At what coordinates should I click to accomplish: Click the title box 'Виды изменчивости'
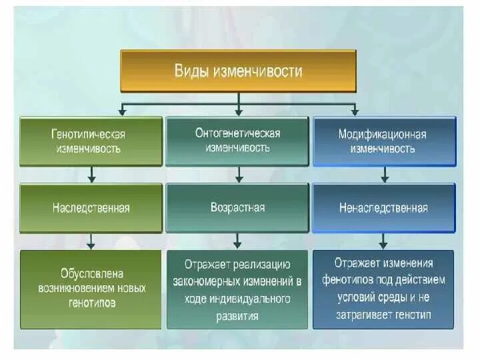pyautogui.click(x=238, y=71)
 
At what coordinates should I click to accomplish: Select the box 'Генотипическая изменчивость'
pyautogui.click(x=91, y=141)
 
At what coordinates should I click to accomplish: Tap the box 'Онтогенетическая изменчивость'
pyautogui.click(x=237, y=141)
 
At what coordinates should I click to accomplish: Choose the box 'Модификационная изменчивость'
pyautogui.click(x=384, y=141)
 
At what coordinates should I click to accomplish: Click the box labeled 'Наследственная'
pyautogui.click(x=91, y=208)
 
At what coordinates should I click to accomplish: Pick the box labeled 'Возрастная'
pyautogui.click(x=237, y=207)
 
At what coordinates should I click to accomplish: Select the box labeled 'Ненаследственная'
pyautogui.click(x=384, y=208)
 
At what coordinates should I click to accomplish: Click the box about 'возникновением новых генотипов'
pyautogui.click(x=91, y=289)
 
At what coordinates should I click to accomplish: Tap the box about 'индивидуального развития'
pyautogui.click(x=237, y=289)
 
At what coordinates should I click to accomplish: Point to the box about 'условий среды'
pyautogui.click(x=384, y=288)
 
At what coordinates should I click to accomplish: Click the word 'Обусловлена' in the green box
pyautogui.click(x=91, y=274)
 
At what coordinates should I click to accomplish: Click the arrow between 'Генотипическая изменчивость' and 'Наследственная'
pyautogui.click(x=92, y=175)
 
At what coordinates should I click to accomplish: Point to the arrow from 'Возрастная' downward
pyautogui.click(x=238, y=241)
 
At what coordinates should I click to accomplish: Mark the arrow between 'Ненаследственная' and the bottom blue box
pyautogui.click(x=383, y=241)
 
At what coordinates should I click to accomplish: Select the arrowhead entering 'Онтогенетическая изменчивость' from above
pyautogui.click(x=238, y=111)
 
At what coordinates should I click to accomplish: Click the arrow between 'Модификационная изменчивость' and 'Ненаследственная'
pyautogui.click(x=384, y=175)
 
